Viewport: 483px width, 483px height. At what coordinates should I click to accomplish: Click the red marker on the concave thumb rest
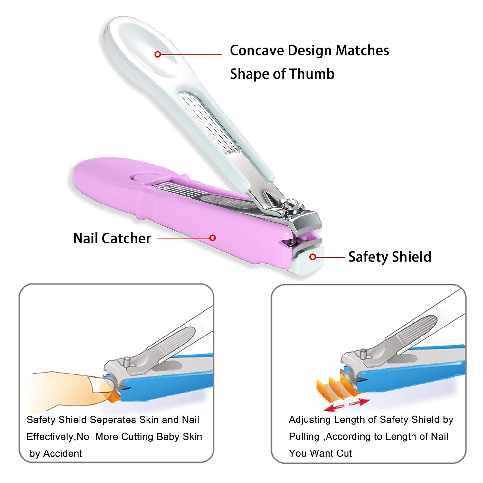[x=157, y=54]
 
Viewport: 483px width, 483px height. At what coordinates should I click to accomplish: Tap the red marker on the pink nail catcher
[x=213, y=238]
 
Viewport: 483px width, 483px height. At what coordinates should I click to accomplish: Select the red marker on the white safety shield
[x=312, y=257]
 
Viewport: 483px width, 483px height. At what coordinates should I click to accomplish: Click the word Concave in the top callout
[x=256, y=51]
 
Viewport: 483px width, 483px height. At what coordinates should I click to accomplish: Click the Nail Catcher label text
[x=112, y=239]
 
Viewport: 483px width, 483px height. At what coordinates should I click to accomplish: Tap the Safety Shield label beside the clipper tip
[x=390, y=257]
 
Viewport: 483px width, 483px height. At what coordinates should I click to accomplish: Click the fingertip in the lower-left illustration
[x=97, y=386]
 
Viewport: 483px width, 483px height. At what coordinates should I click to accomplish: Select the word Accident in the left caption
[x=63, y=454]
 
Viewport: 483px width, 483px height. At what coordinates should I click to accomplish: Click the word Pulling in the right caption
[x=304, y=437]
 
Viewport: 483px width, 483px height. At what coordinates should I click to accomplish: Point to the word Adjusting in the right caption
[x=310, y=420]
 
